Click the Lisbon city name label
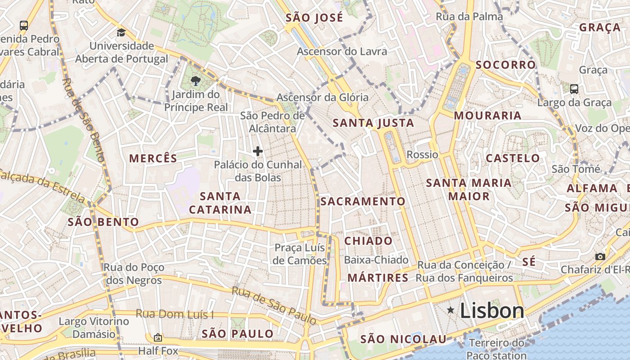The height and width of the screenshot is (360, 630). coord(492,310)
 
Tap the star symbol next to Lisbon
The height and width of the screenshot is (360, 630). coord(450,310)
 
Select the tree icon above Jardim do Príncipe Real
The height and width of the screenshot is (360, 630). coord(195,81)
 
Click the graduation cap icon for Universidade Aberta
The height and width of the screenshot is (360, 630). coord(121,32)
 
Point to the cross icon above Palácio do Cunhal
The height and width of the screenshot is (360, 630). coord(258,151)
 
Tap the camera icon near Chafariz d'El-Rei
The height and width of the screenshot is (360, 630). coord(600,256)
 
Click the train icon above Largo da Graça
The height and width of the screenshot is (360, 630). coord(574,89)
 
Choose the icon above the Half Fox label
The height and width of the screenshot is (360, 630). coord(157,337)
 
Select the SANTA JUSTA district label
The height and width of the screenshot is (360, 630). coord(373,123)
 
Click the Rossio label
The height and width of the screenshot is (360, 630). coord(422,155)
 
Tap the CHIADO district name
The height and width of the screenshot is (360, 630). coord(369,241)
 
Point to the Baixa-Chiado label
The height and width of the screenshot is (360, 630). coord(376,260)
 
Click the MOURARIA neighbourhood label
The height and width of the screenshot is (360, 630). coord(487,116)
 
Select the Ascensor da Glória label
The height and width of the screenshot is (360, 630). coord(322,97)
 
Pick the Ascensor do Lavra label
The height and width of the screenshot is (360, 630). coord(342,51)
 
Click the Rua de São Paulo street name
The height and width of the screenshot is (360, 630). coord(274,305)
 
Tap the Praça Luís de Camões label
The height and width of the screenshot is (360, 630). coord(300,254)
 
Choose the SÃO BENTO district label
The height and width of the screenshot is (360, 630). coord(103,222)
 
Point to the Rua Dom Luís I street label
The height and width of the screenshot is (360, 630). coord(175,314)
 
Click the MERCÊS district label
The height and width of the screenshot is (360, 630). coord(153,158)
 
